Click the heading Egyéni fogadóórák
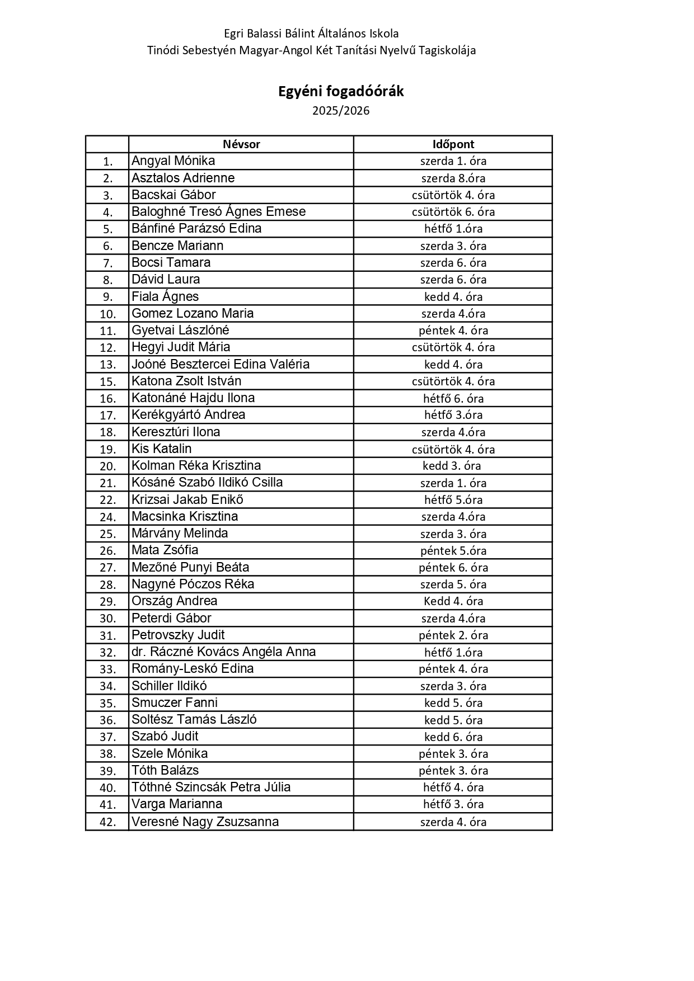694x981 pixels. tap(341, 92)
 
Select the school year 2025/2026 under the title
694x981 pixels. tap(341, 111)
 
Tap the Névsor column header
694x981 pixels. tap(241, 144)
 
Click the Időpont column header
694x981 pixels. tap(453, 144)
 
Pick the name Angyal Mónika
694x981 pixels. tap(173, 161)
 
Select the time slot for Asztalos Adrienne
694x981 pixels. tap(453, 178)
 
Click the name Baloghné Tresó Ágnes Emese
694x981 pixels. tap(218, 212)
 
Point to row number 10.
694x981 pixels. tap(107, 314)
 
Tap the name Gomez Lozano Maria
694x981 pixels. tap(193, 313)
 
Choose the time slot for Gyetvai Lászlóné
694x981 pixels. tap(453, 331)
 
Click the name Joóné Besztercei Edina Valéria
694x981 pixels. tap(221, 364)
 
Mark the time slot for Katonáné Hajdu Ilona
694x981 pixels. tap(453, 398)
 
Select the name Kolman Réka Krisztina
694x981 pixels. tap(196, 466)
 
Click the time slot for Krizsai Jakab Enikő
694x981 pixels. tap(453, 500)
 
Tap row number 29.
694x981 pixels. tap(107, 602)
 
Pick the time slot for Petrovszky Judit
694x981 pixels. tap(453, 635)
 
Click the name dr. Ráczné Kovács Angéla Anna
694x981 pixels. tap(223, 652)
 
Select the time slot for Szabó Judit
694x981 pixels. tap(453, 737)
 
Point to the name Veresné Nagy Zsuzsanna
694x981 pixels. tap(205, 822)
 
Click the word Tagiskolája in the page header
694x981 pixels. tap(447, 50)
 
